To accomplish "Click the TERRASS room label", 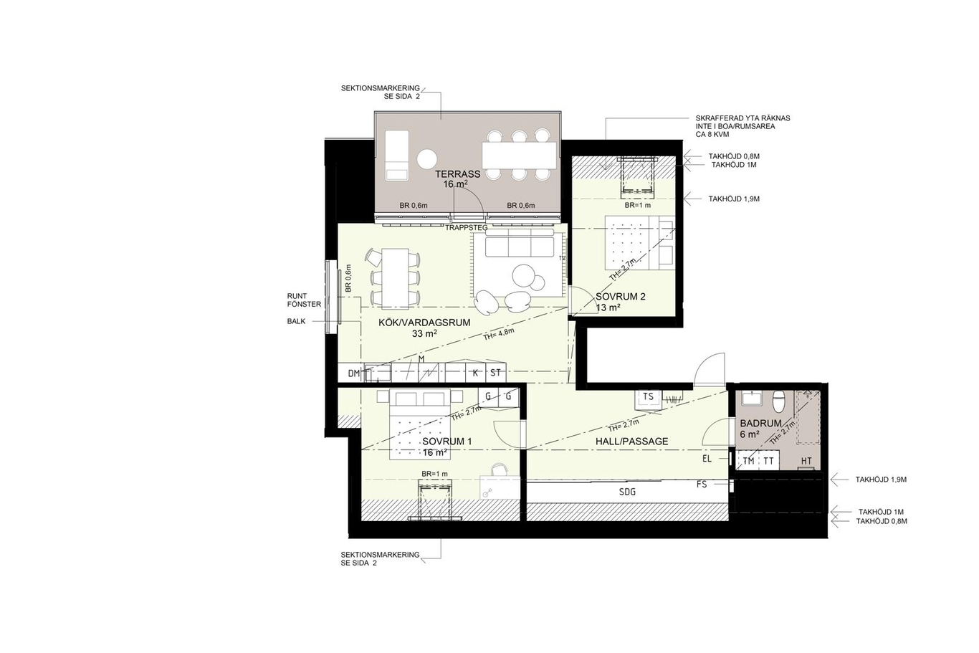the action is pyautogui.click(x=457, y=174).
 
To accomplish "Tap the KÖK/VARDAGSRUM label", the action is pyautogui.click(x=424, y=323).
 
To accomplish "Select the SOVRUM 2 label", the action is pyautogui.click(x=620, y=296).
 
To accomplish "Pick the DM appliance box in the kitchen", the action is pyautogui.click(x=353, y=373).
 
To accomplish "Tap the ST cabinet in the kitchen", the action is pyautogui.click(x=495, y=373).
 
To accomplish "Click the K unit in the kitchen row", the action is pyautogui.click(x=475, y=373).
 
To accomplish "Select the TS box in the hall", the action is pyautogui.click(x=648, y=396).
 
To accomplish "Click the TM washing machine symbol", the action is pyautogui.click(x=748, y=461).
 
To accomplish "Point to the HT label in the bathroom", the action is pyautogui.click(x=806, y=461).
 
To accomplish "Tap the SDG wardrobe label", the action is pyautogui.click(x=627, y=492).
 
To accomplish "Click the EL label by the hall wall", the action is pyautogui.click(x=707, y=459).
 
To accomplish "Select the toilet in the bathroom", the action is pyautogui.click(x=778, y=401).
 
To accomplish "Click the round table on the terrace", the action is pyautogui.click(x=427, y=159).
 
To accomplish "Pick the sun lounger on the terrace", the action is pyautogui.click(x=397, y=155).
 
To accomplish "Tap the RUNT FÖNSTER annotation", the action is pyautogui.click(x=304, y=300).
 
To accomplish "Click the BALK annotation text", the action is pyautogui.click(x=296, y=321).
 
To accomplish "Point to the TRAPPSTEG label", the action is pyautogui.click(x=467, y=228).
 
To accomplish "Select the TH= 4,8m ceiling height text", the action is pyautogui.click(x=498, y=334).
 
